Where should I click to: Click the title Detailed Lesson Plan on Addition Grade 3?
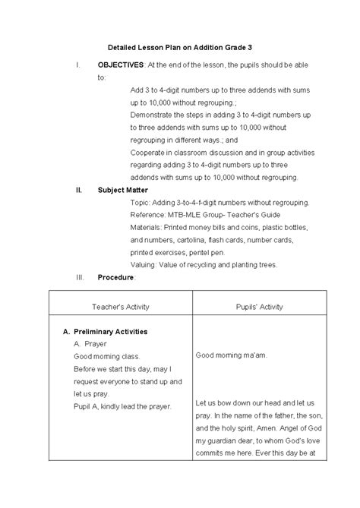179,47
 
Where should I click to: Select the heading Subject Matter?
122,190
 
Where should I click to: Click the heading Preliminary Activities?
111,332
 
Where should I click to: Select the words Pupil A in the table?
87,406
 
